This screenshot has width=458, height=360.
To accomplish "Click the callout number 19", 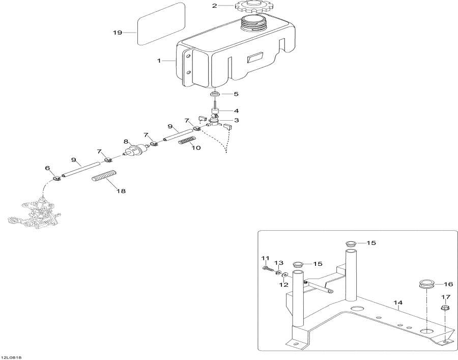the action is point(118,33).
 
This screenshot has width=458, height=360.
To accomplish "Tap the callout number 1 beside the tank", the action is point(159,61).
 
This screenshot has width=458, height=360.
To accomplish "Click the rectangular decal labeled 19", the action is point(161,24).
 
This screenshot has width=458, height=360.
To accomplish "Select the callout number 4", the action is point(236,110).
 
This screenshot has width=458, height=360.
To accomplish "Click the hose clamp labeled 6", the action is point(56,178).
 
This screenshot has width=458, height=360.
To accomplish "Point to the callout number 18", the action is point(121,191).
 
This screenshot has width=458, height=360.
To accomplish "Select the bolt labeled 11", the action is point(269,269).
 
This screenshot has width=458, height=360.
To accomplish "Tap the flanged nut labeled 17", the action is point(445,308).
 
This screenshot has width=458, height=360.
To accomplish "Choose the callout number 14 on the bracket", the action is point(398,303).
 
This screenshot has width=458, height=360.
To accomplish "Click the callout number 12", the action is point(284,285).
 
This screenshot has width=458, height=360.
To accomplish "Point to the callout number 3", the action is point(236,120).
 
